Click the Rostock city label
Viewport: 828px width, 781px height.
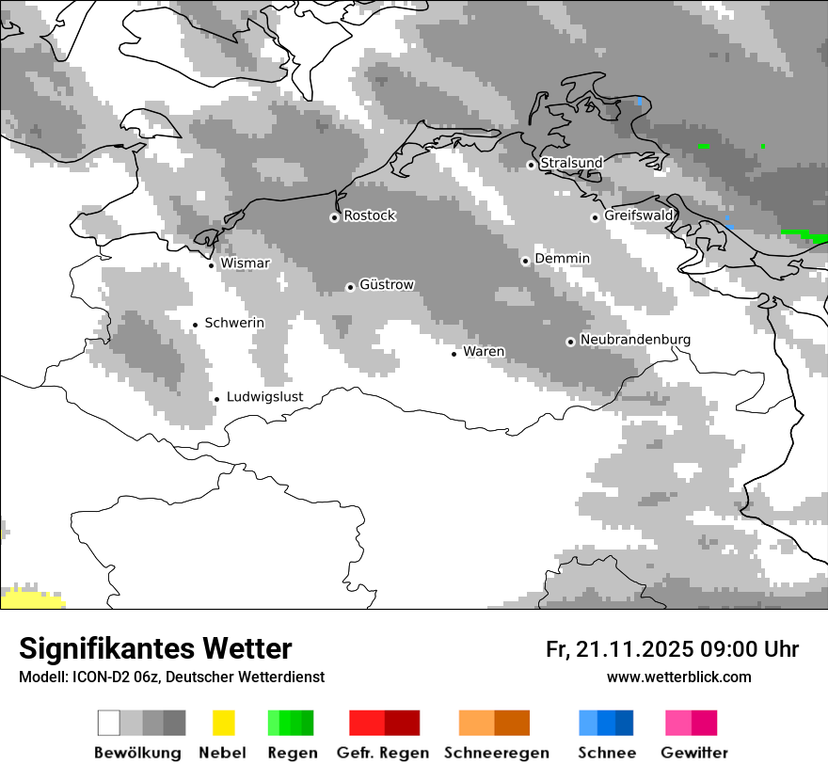click(369, 215)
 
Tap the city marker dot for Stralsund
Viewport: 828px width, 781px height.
click(531, 165)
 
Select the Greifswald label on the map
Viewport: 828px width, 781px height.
click(639, 215)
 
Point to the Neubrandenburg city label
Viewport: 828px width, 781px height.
click(635, 340)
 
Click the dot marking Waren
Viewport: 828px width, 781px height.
click(454, 354)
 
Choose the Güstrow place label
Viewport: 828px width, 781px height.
click(387, 284)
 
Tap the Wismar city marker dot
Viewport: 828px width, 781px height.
click(211, 265)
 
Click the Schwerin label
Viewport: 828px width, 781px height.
click(234, 323)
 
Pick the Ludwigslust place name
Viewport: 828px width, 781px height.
click(264, 397)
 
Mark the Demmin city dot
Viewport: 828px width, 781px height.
click(525, 261)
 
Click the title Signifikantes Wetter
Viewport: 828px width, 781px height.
click(155, 648)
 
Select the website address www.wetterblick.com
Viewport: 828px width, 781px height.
click(678, 677)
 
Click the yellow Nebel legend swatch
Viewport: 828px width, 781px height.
click(223, 723)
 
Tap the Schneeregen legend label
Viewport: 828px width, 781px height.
click(497, 753)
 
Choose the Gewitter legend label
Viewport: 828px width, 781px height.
click(694, 753)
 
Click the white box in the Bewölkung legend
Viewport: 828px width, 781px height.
click(109, 723)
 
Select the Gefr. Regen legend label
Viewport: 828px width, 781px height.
click(383, 753)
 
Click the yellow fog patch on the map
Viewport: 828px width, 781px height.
click(28, 598)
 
